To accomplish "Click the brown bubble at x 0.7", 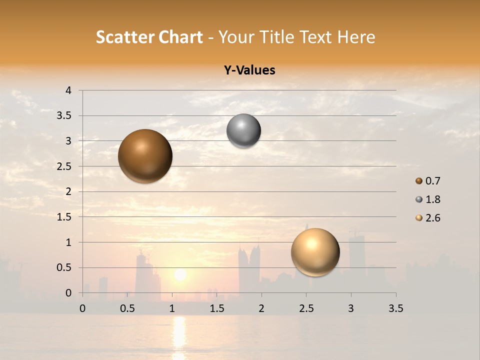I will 145,156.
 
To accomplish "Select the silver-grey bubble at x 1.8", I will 243,131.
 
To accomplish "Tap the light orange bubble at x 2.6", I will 315,252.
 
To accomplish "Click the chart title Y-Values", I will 249,70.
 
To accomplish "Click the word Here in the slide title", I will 355,37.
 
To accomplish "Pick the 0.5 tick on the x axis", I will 127,308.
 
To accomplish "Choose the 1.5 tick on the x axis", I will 216,308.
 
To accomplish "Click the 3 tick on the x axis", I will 351,308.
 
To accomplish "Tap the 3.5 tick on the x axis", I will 395,308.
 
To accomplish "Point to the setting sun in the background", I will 180,274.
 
